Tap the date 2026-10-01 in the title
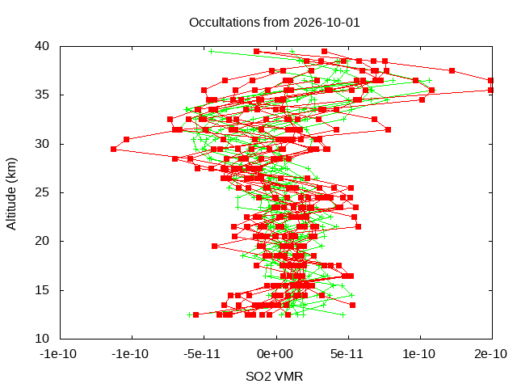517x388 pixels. click(x=326, y=23)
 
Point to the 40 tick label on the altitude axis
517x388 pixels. click(x=42, y=46)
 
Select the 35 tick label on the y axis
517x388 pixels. click(x=42, y=95)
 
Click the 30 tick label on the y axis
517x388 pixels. click(x=42, y=144)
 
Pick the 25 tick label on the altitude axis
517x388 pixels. click(x=42, y=192)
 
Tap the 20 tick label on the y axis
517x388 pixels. click(x=42, y=241)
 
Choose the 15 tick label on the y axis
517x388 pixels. click(x=42, y=290)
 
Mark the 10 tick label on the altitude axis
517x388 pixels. click(x=42, y=339)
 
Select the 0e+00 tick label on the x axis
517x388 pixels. click(x=275, y=354)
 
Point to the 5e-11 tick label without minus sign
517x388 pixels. click(x=347, y=354)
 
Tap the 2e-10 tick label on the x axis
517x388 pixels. click(x=490, y=354)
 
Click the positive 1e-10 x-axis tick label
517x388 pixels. click(x=418, y=354)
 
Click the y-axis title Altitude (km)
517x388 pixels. click(x=11, y=194)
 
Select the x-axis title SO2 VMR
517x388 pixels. click(x=275, y=376)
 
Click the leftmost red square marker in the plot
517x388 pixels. click(x=113, y=149)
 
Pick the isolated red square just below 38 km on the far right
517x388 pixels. click(x=452, y=71)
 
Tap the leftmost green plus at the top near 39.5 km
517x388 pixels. click(x=212, y=52)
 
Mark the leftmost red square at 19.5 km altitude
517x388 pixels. click(x=214, y=246)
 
